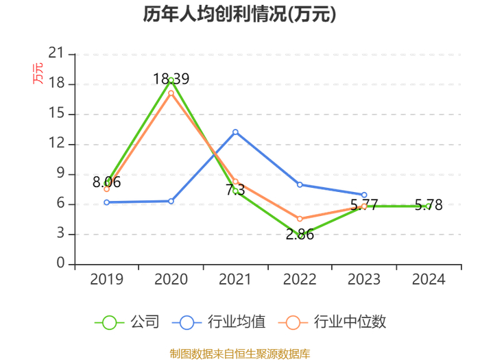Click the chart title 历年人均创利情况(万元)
click(240, 14)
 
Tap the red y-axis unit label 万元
click(38, 73)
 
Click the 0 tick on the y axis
click(60, 263)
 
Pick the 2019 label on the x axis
click(106, 279)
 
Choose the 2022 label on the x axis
click(300, 279)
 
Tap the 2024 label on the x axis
click(429, 279)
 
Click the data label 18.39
click(171, 79)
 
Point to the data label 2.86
click(300, 235)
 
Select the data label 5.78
click(429, 205)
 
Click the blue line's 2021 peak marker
click(235, 132)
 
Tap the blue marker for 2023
click(364, 195)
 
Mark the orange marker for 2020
click(171, 93)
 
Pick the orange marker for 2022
click(300, 219)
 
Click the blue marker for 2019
click(106, 202)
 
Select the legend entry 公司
click(127, 322)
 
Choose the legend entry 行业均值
click(219, 322)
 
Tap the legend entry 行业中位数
click(332, 322)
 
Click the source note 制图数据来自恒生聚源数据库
click(240, 354)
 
